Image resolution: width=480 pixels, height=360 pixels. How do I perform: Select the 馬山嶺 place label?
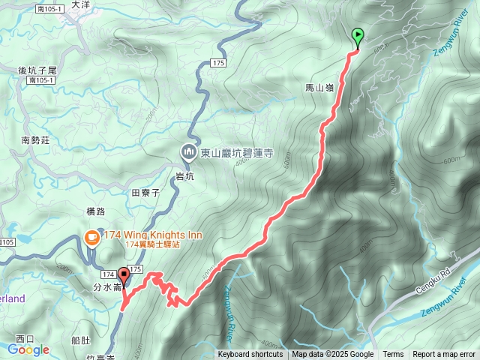[x=319, y=88]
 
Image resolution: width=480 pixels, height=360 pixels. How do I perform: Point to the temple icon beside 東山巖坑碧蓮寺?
[x=187, y=153]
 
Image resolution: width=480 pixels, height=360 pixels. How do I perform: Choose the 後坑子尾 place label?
[x=37, y=70]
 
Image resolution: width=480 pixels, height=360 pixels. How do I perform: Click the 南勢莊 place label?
[x=35, y=139]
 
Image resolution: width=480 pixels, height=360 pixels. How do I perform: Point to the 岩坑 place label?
[x=184, y=175]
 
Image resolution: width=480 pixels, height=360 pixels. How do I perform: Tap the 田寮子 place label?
[x=146, y=193]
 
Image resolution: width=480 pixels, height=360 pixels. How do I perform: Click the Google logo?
[x=28, y=349]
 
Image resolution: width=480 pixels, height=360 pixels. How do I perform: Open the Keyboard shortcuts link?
[x=250, y=355]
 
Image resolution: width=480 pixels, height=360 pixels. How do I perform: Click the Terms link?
[x=393, y=355]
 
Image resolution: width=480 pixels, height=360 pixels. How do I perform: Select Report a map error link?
[x=444, y=355]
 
